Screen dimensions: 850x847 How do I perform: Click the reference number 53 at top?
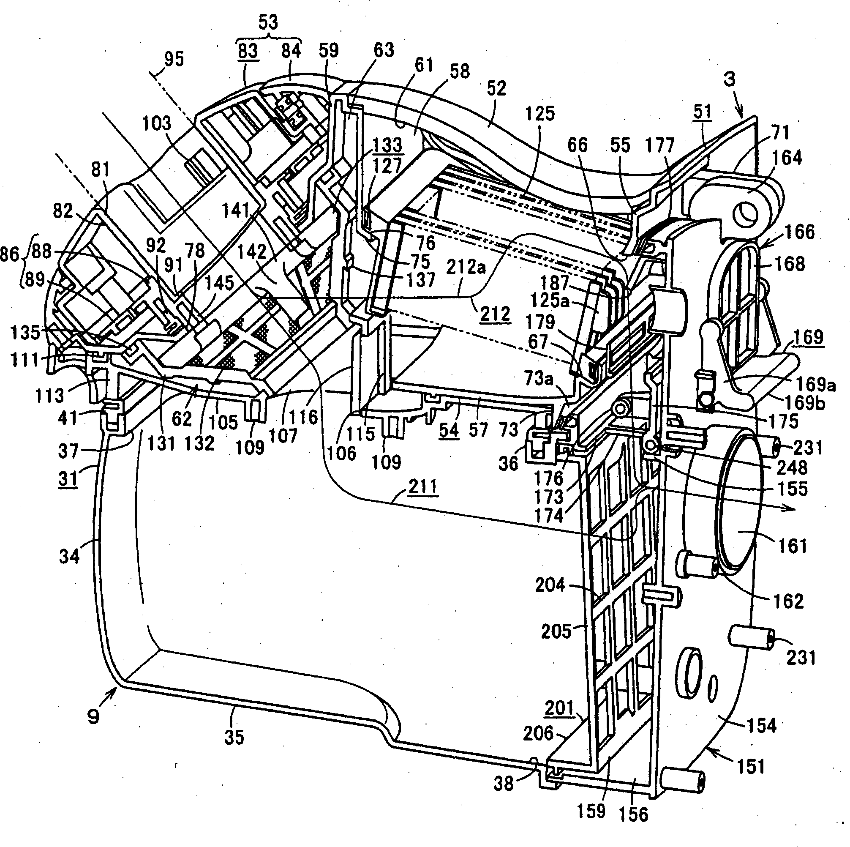pyautogui.click(x=268, y=22)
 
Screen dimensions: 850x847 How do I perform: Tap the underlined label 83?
pyautogui.click(x=248, y=51)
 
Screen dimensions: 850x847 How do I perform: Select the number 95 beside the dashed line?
pyautogui.click(x=174, y=59)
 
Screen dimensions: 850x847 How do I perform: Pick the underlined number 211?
pyautogui.click(x=423, y=487)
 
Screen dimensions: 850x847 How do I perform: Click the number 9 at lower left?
pyautogui.click(x=94, y=717)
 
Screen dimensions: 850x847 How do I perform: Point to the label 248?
pyautogui.click(x=792, y=467)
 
